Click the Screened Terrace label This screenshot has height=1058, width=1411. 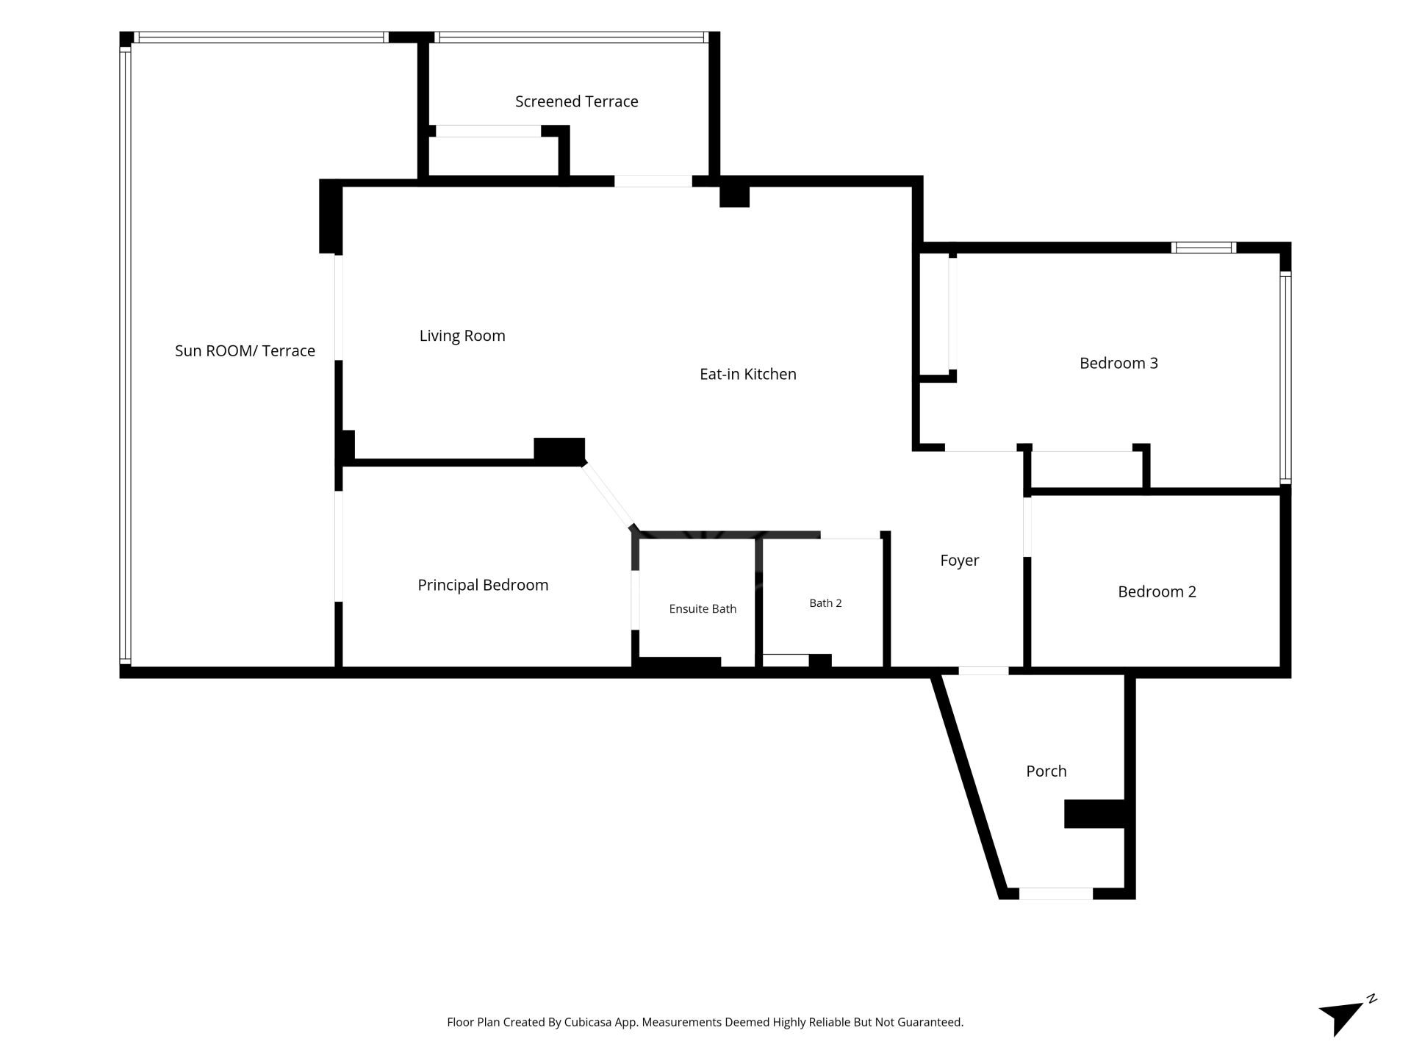(x=576, y=101)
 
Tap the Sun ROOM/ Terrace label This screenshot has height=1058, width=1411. (x=245, y=351)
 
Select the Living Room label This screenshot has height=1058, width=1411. (x=462, y=336)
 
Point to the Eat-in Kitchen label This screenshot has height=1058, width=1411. (x=747, y=374)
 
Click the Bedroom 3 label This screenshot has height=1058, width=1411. (x=1119, y=363)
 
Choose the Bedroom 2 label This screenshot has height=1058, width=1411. (x=1157, y=591)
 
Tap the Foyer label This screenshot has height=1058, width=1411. (x=959, y=561)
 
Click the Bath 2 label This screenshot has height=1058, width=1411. (x=825, y=603)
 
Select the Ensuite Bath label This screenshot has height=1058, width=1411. (x=703, y=608)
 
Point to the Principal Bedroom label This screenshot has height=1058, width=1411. (x=483, y=585)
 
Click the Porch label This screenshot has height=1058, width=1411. (x=1046, y=771)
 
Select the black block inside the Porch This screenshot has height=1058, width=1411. (x=1094, y=814)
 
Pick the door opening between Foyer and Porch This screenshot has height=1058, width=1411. (x=983, y=671)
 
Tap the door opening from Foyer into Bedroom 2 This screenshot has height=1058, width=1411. (x=1027, y=527)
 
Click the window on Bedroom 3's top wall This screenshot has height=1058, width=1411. (x=1203, y=248)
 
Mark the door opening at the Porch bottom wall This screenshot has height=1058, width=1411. (x=1055, y=893)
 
